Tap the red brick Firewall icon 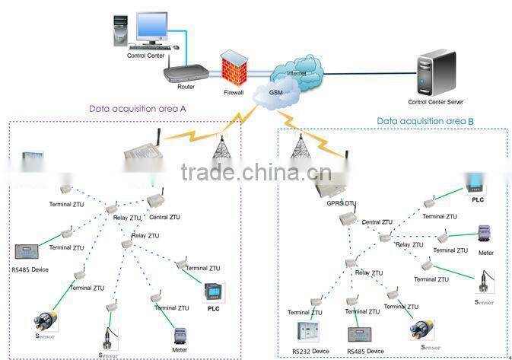click(x=233, y=68)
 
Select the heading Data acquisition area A click(x=138, y=109)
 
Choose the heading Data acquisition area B click(x=425, y=121)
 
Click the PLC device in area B click(x=477, y=185)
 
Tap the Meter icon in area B click(x=485, y=234)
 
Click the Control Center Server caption click(x=435, y=102)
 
